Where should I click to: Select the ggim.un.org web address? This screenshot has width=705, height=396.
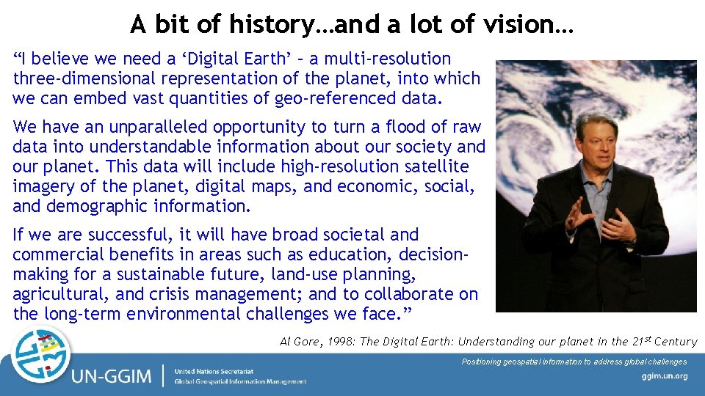[664, 376]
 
